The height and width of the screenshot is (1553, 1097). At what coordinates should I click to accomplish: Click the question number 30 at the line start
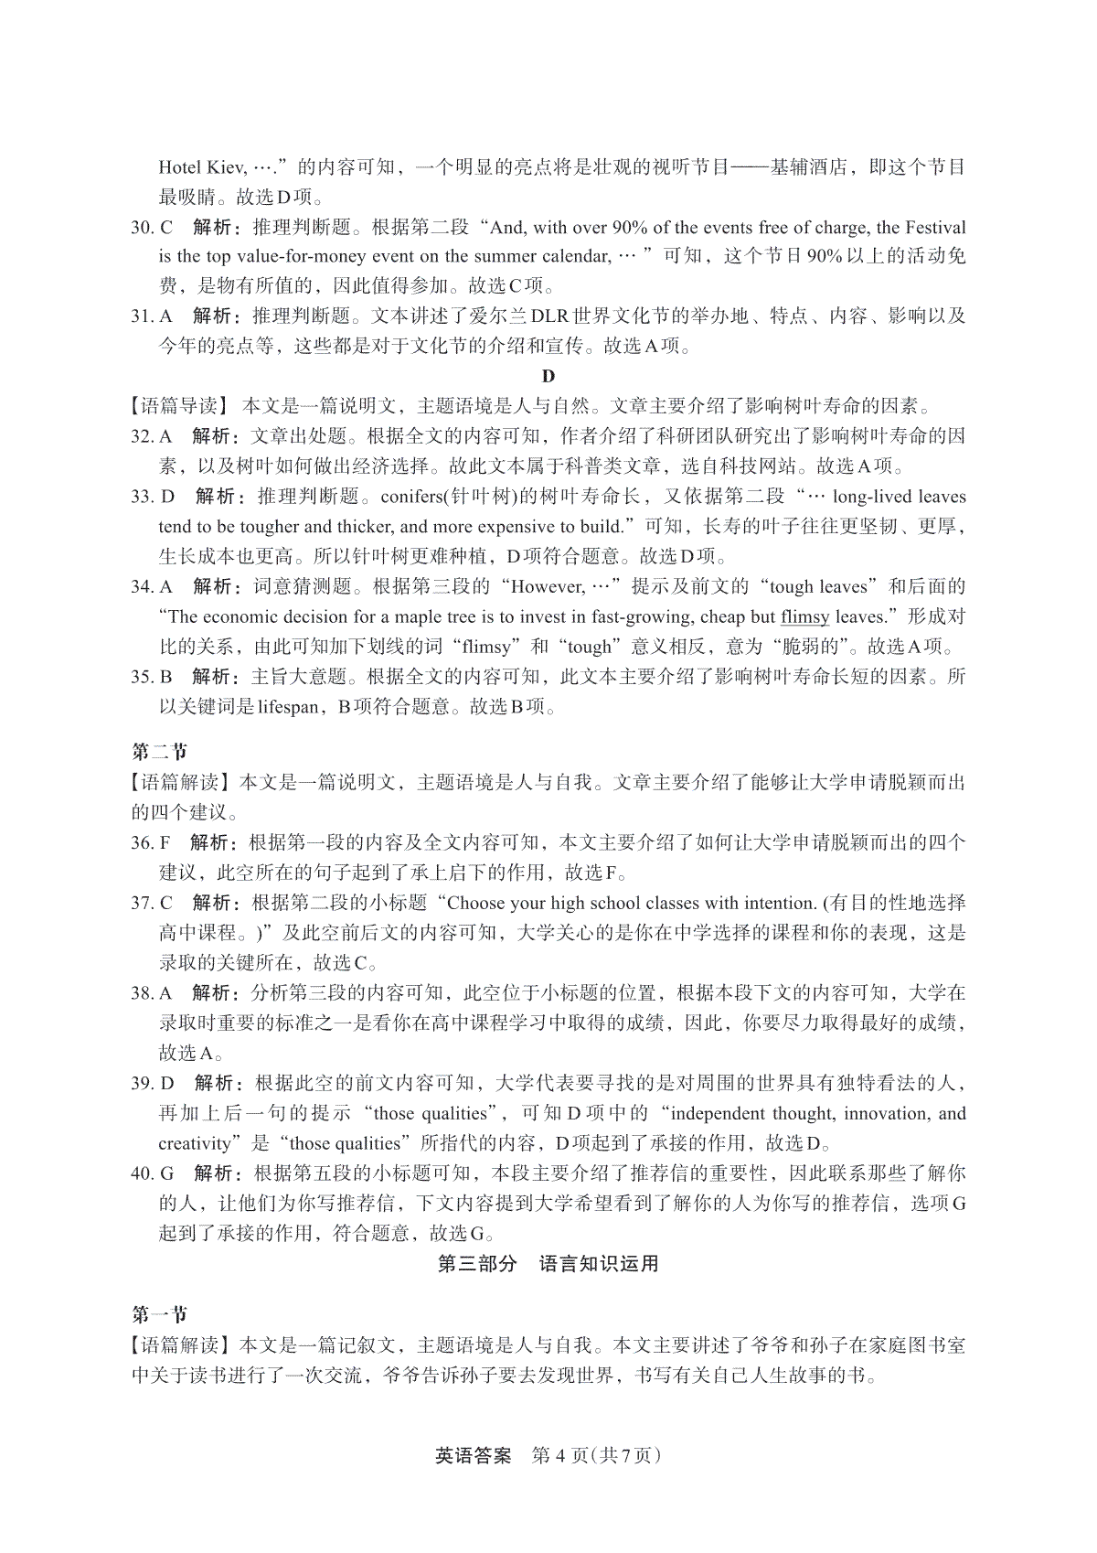[143, 228]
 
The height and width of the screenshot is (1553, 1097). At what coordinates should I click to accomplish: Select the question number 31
[142, 316]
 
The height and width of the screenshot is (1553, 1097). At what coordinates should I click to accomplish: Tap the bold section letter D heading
[548, 376]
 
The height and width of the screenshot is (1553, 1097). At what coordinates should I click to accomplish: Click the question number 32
[143, 436]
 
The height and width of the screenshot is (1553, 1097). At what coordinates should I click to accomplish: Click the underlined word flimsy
[804, 616]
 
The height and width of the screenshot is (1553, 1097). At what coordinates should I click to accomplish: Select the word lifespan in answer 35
[288, 707]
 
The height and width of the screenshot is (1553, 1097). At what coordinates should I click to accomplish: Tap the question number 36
[143, 842]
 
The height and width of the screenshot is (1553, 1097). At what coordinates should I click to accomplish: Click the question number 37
[143, 903]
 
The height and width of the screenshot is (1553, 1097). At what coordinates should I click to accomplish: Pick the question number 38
[143, 993]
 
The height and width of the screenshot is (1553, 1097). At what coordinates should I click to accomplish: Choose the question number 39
[143, 1084]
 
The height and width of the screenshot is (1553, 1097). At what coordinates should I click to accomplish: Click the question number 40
[143, 1173]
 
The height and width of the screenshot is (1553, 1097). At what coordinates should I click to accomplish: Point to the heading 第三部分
[476, 1264]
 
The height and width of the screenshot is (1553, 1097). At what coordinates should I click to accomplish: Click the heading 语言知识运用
[599, 1264]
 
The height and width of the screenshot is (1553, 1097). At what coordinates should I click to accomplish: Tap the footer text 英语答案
[473, 1455]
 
